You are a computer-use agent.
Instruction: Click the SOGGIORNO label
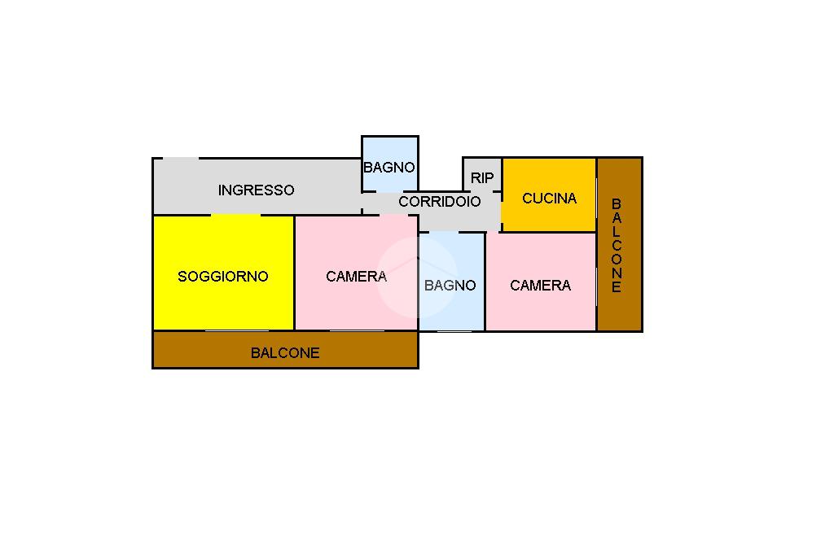tap(223, 277)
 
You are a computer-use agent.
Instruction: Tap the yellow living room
tap(223, 273)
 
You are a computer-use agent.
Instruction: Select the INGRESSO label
tap(256, 190)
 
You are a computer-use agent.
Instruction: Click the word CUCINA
tap(550, 199)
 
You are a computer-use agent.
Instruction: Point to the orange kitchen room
tap(549, 194)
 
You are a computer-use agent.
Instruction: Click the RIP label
tap(482, 178)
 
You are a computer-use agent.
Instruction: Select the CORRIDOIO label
tap(439, 202)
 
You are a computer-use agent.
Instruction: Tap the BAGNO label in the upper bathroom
tap(388, 168)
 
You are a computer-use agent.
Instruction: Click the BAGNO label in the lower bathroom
tap(450, 286)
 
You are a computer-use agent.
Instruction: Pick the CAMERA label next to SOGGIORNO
tap(356, 277)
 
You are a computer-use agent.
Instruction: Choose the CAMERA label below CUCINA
tap(541, 286)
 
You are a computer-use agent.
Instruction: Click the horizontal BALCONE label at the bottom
tap(285, 353)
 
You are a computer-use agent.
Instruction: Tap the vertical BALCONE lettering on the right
tap(617, 246)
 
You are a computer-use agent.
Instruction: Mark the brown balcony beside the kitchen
tap(620, 244)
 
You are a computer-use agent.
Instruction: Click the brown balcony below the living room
tap(285, 350)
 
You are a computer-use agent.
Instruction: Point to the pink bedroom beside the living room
tap(356, 273)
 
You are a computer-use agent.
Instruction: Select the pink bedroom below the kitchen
tap(541, 282)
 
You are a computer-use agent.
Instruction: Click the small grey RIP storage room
tap(482, 174)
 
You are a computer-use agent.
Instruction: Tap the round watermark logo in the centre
tap(417, 277)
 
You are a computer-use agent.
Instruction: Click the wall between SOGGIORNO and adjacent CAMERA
tap(294, 273)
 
